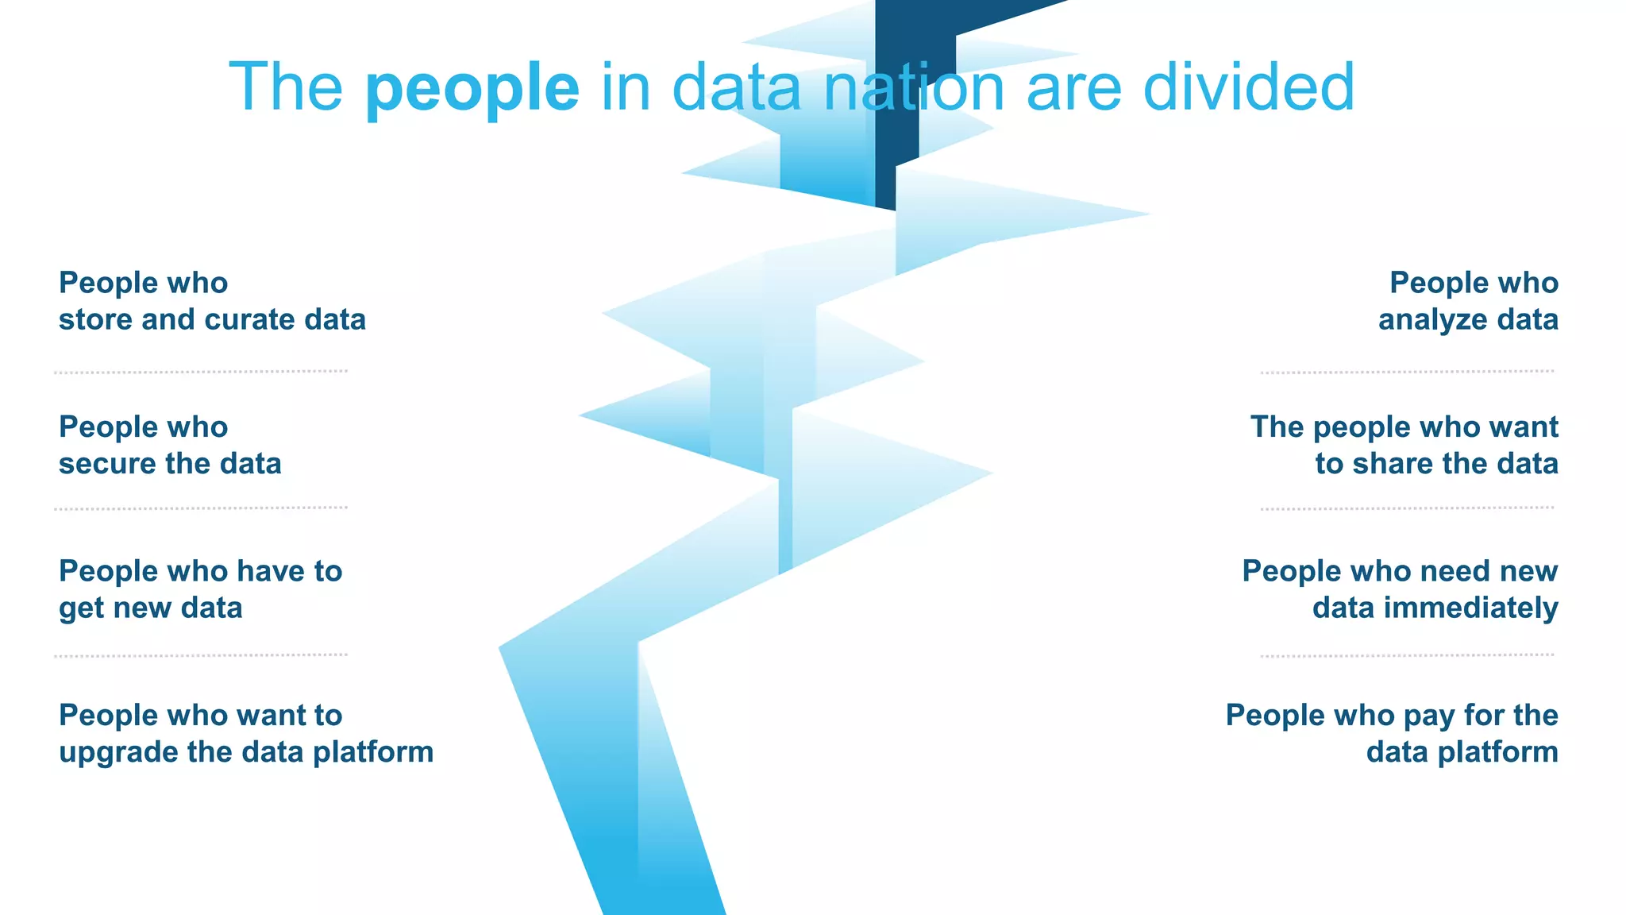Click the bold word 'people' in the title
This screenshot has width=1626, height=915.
point(472,89)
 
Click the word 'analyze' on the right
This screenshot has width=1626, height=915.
point(1432,320)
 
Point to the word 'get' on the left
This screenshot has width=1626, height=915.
point(75,609)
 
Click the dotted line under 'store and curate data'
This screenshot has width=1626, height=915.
point(201,372)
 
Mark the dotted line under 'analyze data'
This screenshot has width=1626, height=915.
point(1407,372)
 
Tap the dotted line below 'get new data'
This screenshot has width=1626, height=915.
point(201,656)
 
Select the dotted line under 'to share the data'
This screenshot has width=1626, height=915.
point(1407,508)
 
